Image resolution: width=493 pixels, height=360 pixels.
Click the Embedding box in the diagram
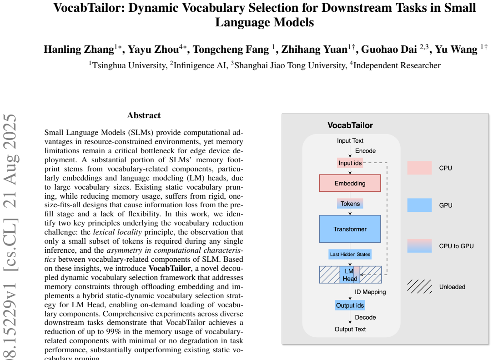click(x=350, y=183)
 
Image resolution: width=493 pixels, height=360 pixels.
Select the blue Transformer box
click(x=350, y=229)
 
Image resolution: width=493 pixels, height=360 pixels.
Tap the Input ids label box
click(x=350, y=163)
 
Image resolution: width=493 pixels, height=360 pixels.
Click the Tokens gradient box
click(x=350, y=204)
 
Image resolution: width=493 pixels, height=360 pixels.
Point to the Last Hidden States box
click(x=350, y=254)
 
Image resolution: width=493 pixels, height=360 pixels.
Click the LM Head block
click(x=350, y=275)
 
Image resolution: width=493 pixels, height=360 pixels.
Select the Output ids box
click(x=350, y=305)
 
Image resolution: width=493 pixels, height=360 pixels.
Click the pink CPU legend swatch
click(x=419, y=168)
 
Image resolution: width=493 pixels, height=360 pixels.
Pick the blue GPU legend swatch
click(x=419, y=205)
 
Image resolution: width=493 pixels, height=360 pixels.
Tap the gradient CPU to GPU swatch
click(x=419, y=246)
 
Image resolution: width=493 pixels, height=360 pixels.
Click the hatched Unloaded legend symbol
click(x=419, y=286)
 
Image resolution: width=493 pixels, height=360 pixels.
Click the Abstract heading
click(x=144, y=115)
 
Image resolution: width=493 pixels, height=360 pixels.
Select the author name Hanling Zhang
click(x=79, y=50)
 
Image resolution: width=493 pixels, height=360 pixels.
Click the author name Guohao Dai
click(x=389, y=50)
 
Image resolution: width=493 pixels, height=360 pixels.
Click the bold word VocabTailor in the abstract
click(x=170, y=268)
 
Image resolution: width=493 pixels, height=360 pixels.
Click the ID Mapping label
click(x=370, y=292)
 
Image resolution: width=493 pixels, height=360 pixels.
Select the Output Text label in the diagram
click(x=350, y=329)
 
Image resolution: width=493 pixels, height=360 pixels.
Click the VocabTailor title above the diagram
click(x=350, y=125)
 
